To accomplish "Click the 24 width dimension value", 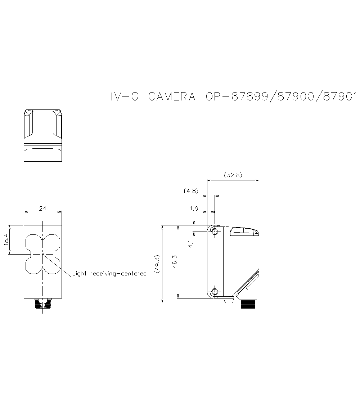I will tap(42, 208).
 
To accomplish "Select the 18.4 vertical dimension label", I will tap(6, 240).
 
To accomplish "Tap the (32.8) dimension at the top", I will tap(233, 175).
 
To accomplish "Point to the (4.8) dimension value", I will tap(191, 191).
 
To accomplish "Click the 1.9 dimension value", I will tap(194, 208).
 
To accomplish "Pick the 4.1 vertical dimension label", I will tap(190, 244).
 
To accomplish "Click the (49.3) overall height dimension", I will tap(157, 265).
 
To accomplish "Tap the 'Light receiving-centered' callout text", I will tap(109, 274).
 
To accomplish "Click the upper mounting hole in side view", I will tap(215, 232).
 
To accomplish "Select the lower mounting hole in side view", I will tap(215, 292).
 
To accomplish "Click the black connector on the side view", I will tap(249, 305).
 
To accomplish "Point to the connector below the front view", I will tap(43, 304).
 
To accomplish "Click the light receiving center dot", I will tap(43, 254).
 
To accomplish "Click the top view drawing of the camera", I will tap(42, 135).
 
